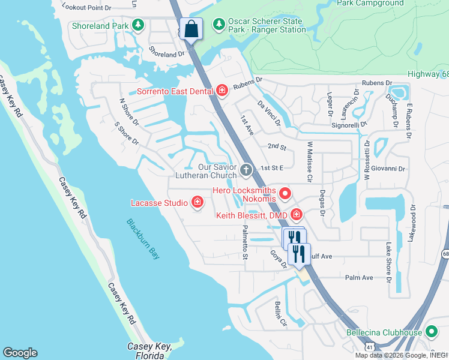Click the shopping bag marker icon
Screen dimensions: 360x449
click(x=190, y=28)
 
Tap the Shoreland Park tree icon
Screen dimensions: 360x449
click(x=139, y=25)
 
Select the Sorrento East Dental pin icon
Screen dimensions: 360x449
click(x=222, y=91)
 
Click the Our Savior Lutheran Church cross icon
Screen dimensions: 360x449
click(x=245, y=171)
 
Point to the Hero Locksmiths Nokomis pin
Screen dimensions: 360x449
click(x=285, y=193)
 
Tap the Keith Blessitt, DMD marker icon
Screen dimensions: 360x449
click(x=296, y=214)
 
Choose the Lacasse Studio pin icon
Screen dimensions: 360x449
click(x=197, y=203)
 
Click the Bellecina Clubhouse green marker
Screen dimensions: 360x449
click(x=430, y=332)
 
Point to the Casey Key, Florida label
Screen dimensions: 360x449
click(x=150, y=351)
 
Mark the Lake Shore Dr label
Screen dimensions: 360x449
click(x=388, y=263)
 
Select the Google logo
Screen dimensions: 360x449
click(x=20, y=353)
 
